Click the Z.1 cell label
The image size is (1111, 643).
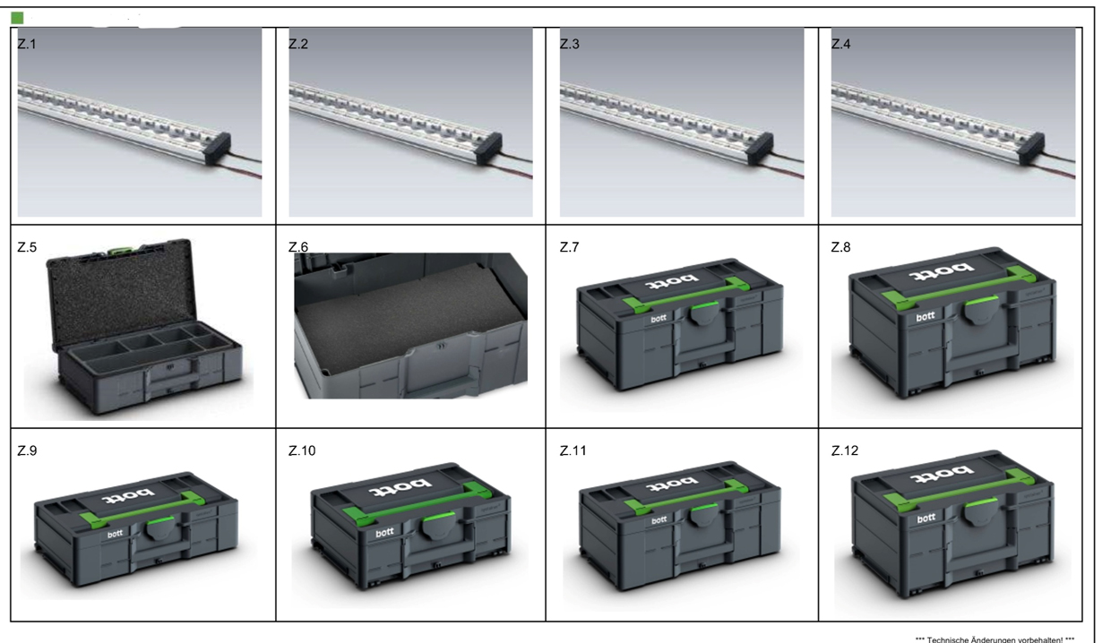(x=27, y=44)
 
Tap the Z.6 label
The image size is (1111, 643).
(x=298, y=247)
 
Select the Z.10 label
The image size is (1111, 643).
(x=302, y=450)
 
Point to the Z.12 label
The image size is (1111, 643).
(x=845, y=450)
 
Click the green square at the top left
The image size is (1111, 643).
(x=17, y=18)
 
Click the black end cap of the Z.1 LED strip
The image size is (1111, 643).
(x=218, y=149)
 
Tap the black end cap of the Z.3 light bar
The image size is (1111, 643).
(x=761, y=149)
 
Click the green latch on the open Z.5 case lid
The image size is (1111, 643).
(x=117, y=249)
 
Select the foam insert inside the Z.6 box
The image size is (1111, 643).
(x=409, y=317)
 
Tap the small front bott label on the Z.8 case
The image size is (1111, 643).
(x=926, y=316)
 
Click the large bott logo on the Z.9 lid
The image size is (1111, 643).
(x=128, y=494)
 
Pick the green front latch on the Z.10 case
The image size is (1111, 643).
(x=437, y=518)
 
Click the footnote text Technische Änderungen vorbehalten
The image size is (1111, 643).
(x=995, y=639)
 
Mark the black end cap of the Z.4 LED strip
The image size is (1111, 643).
(x=1031, y=149)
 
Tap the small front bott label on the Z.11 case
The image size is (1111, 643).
(x=659, y=520)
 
